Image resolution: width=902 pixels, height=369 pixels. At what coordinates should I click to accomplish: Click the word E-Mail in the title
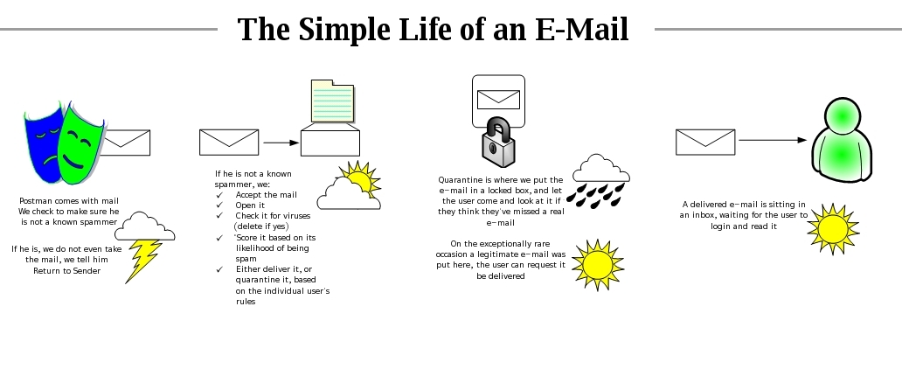(x=581, y=29)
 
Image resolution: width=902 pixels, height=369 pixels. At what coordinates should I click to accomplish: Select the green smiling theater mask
(x=80, y=144)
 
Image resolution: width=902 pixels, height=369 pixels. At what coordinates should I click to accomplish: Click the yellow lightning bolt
(x=142, y=261)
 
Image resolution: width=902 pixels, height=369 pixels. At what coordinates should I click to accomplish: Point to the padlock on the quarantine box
(x=498, y=143)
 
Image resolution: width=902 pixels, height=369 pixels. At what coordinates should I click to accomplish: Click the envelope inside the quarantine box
(x=498, y=100)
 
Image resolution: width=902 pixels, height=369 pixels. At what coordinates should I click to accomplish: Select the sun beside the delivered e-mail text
(x=833, y=229)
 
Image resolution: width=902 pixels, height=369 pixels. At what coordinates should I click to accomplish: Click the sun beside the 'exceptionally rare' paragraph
(x=598, y=265)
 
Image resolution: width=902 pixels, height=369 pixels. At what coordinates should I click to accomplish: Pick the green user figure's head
(x=843, y=117)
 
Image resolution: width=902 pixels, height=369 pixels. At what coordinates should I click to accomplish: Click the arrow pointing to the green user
(x=773, y=140)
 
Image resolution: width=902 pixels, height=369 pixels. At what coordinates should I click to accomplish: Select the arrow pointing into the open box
(x=281, y=143)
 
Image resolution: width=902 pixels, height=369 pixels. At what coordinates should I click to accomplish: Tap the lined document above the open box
(x=332, y=101)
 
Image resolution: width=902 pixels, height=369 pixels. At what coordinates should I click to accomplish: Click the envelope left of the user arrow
(x=705, y=143)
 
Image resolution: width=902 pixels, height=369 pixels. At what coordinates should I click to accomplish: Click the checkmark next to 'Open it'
(x=219, y=205)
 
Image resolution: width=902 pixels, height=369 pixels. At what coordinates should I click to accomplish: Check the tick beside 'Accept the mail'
(x=219, y=195)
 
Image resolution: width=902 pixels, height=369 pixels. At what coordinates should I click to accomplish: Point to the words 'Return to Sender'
(x=66, y=270)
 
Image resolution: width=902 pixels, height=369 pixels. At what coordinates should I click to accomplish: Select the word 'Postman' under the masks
(x=36, y=201)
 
